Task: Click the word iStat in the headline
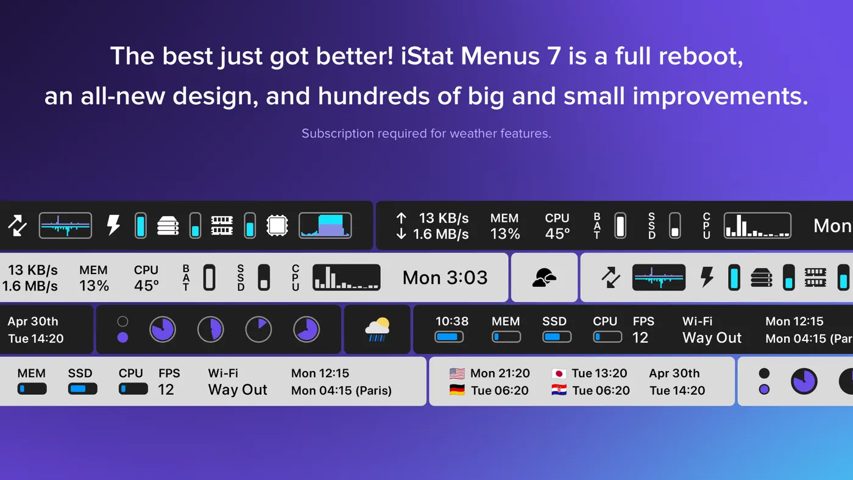426,56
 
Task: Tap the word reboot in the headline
701,56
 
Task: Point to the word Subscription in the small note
338,133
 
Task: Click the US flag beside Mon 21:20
457,373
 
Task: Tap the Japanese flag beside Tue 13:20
559,373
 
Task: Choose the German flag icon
457,390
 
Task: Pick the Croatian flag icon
559,390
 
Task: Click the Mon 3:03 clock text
445,278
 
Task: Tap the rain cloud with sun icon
377,330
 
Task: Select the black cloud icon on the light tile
544,278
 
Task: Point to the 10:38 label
452,321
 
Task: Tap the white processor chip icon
277,225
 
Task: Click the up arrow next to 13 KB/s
401,218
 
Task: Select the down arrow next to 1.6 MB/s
401,234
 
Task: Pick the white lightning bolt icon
113,225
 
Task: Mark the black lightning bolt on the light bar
707,277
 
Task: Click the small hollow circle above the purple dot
122,322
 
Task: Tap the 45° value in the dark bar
557,234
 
